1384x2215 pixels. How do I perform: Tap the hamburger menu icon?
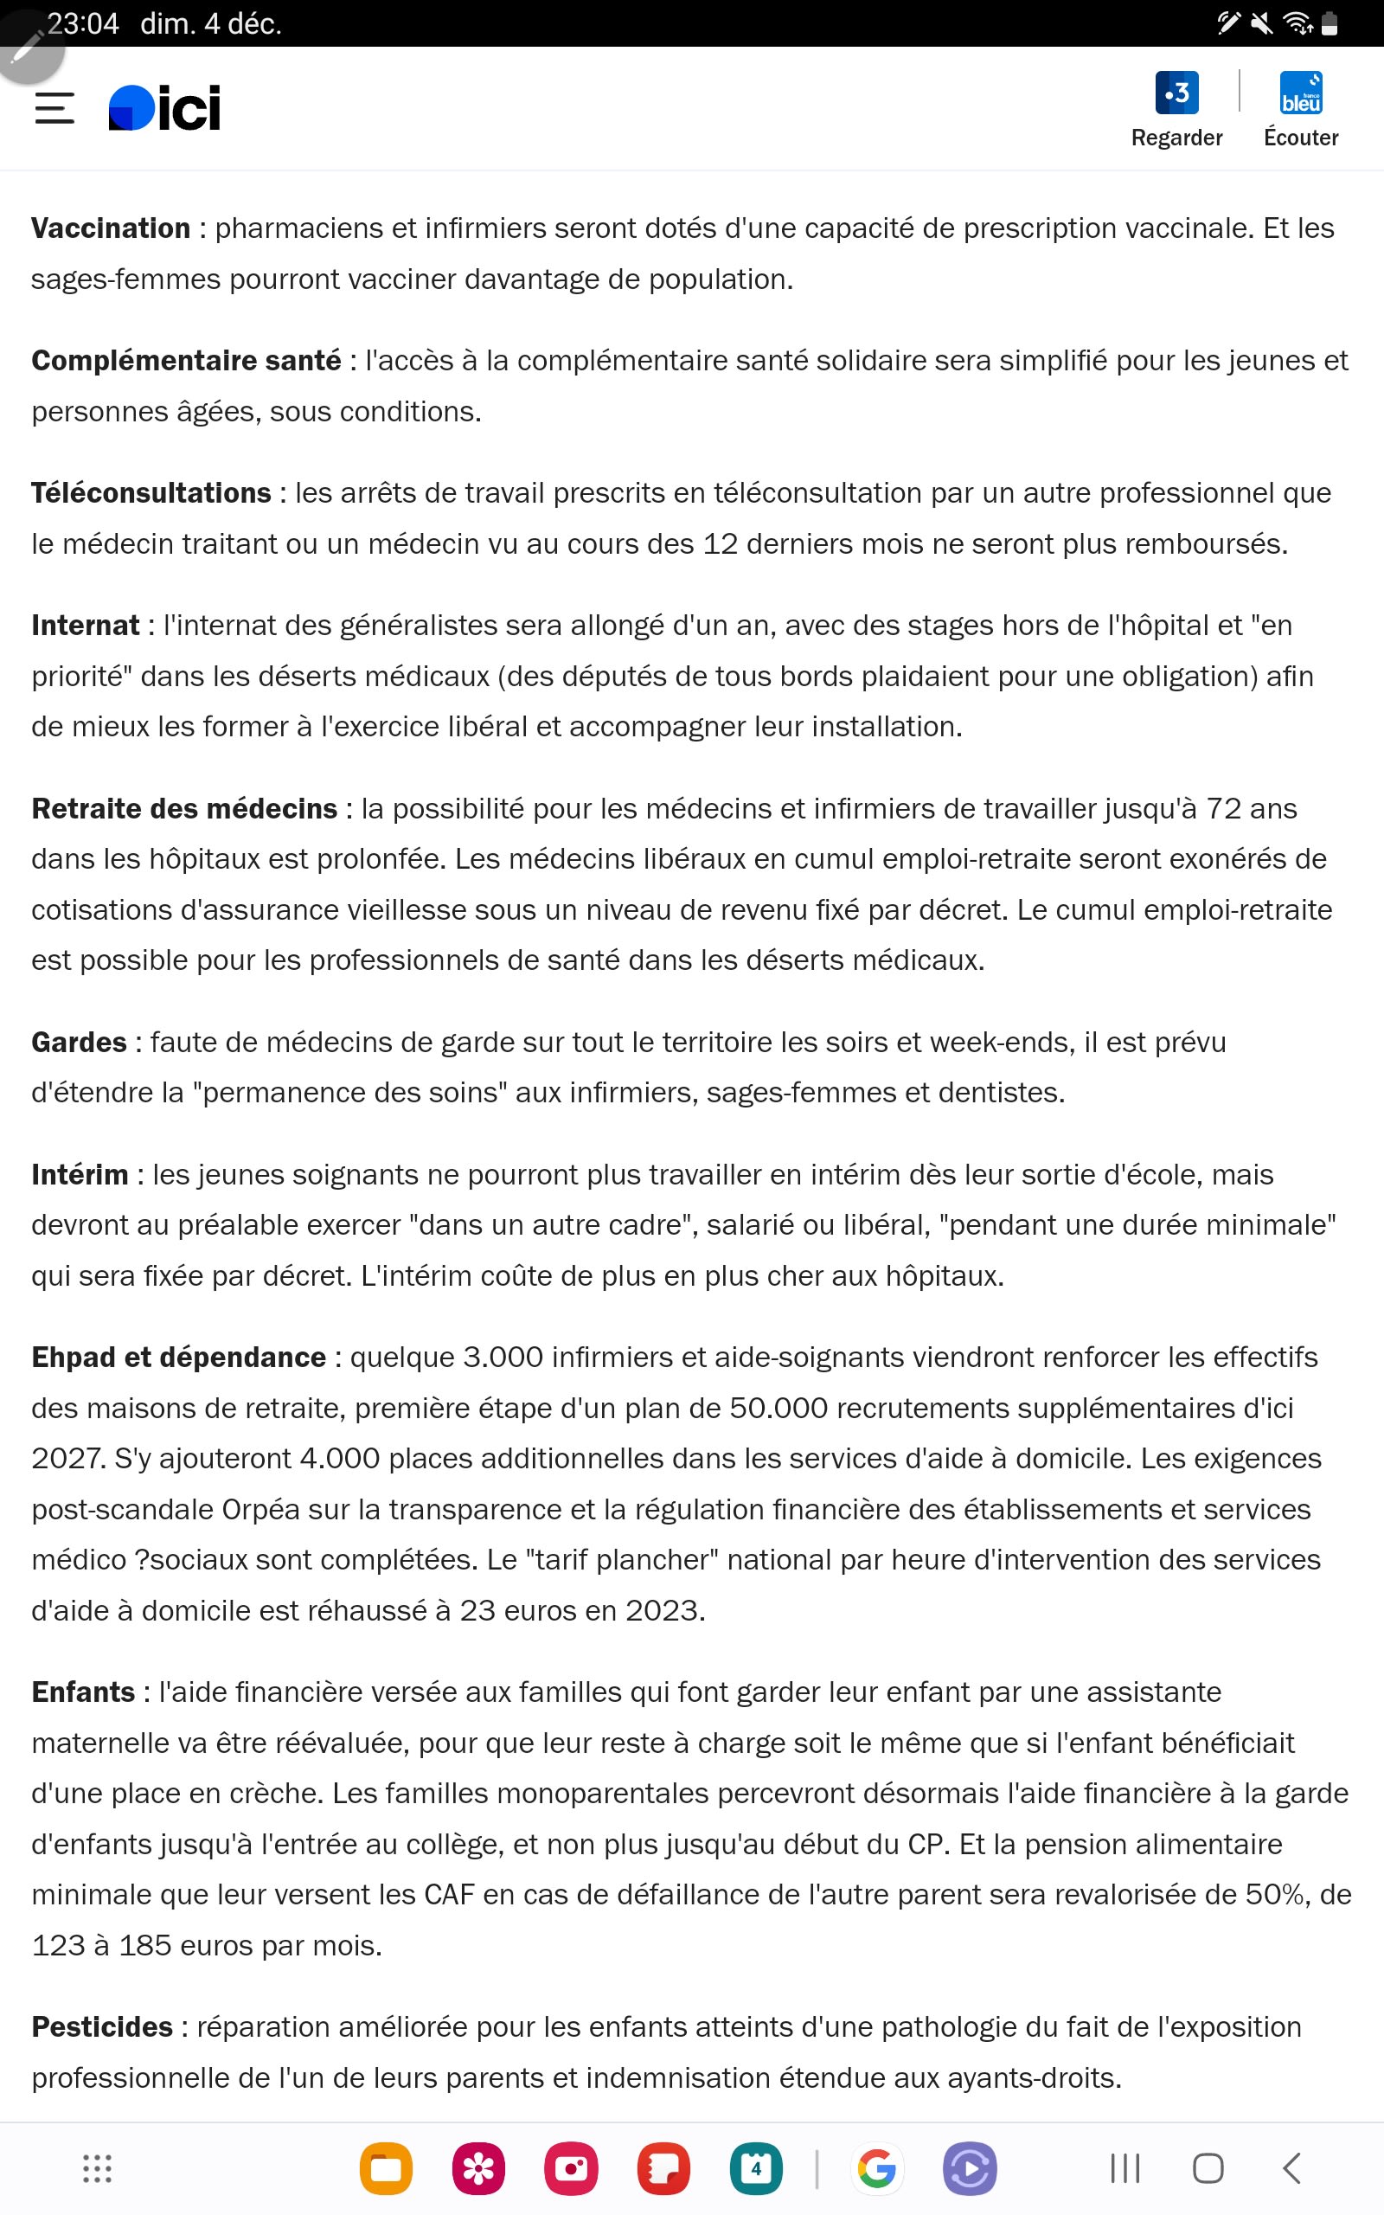click(54, 108)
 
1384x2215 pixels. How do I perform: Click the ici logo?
click(164, 108)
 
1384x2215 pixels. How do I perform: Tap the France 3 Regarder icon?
click(1176, 93)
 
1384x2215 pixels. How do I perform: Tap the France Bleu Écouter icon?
click(1301, 93)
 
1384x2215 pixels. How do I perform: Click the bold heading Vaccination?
click(111, 228)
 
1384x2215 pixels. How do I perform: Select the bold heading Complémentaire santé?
click(186, 361)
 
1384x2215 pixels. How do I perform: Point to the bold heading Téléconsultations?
click(151, 492)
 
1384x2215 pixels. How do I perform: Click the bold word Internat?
click(85, 626)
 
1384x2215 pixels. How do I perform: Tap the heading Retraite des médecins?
click(184, 808)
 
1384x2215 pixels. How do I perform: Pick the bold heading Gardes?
click(79, 1042)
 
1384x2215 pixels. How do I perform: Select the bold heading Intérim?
click(80, 1174)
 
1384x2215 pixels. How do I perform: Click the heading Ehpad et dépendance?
click(178, 1357)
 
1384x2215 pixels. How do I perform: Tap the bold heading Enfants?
click(83, 1692)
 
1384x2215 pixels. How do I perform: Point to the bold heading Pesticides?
click(101, 2026)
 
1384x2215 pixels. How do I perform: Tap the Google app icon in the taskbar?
click(876, 2168)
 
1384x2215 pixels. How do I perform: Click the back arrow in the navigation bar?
click(1291, 2168)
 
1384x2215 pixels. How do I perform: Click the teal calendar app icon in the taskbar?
click(755, 2168)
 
